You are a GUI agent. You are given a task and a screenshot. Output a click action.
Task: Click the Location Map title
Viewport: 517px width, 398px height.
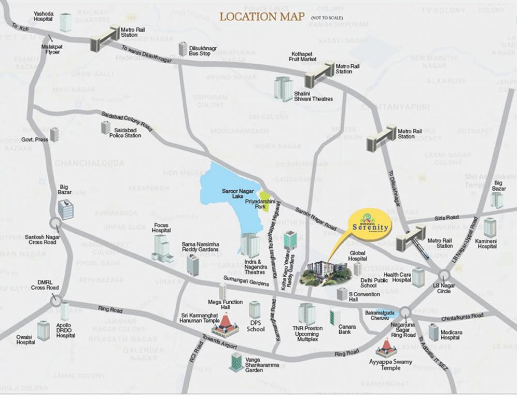pyautogui.click(x=262, y=16)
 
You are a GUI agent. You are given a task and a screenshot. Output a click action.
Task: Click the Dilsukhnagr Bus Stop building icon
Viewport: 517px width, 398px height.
pyautogui.click(x=183, y=49)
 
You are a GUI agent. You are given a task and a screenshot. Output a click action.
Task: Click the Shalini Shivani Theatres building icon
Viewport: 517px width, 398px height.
pyautogui.click(x=283, y=89)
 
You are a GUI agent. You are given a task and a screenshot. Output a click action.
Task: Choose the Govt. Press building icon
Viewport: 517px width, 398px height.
pyautogui.click(x=54, y=134)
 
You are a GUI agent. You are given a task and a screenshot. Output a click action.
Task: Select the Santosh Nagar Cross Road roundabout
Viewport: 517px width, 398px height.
pyautogui.click(x=55, y=224)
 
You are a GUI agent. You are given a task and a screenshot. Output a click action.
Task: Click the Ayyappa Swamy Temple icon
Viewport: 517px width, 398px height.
pyautogui.click(x=386, y=348)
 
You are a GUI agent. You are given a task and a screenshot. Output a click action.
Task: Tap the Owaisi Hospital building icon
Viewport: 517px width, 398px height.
pyautogui.click(x=43, y=330)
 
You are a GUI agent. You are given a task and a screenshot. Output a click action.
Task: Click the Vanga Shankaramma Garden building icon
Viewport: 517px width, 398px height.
pyautogui.click(x=236, y=361)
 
